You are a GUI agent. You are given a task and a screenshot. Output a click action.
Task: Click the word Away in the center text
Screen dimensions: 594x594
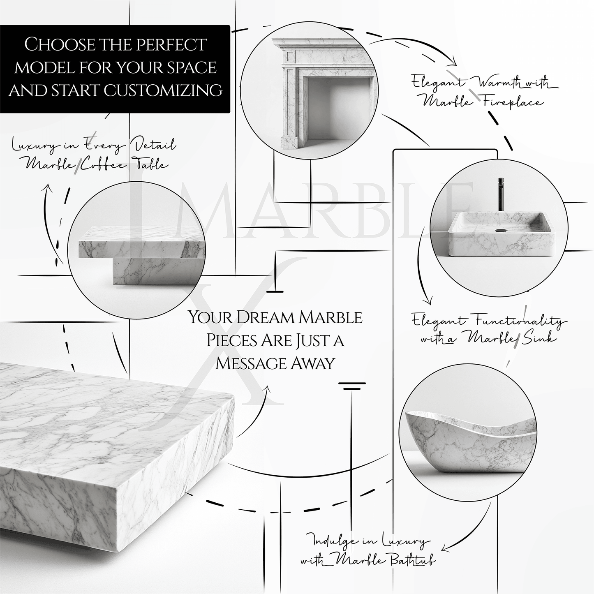(314, 363)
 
